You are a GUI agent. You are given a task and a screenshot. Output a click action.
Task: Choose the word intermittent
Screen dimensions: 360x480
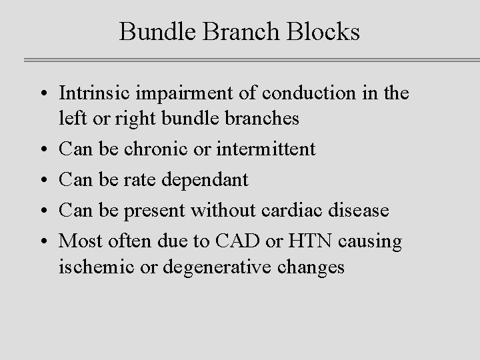click(x=265, y=148)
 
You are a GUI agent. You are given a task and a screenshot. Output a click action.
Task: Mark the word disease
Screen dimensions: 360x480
click(x=361, y=210)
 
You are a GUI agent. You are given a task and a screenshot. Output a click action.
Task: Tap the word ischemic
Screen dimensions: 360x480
click(x=92, y=267)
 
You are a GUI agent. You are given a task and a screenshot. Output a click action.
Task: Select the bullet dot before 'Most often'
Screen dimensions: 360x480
click(x=42, y=241)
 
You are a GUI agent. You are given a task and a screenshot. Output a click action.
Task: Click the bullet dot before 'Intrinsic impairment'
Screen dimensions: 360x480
click(x=42, y=94)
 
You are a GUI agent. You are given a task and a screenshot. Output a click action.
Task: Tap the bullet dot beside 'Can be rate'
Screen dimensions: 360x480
click(x=42, y=180)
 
